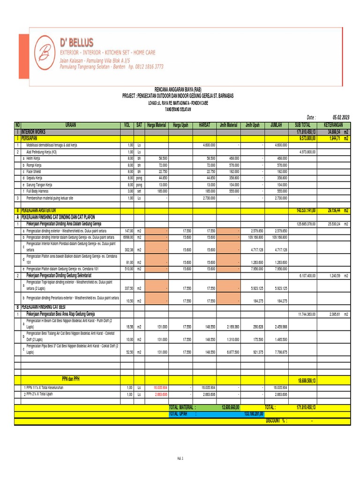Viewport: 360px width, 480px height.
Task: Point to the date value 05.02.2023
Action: [341, 117]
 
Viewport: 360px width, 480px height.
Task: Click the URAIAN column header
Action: [71, 125]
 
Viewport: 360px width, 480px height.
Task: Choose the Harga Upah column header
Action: [180, 125]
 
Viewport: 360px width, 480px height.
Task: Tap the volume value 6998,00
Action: [128, 237]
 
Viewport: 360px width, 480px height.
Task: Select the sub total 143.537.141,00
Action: [306, 211]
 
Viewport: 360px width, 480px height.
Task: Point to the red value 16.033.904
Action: [159, 388]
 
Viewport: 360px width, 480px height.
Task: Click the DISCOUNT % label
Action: [276, 420]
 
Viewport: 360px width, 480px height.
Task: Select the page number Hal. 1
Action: [180, 458]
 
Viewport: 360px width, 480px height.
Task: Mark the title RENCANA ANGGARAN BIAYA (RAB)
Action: [178, 89]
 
